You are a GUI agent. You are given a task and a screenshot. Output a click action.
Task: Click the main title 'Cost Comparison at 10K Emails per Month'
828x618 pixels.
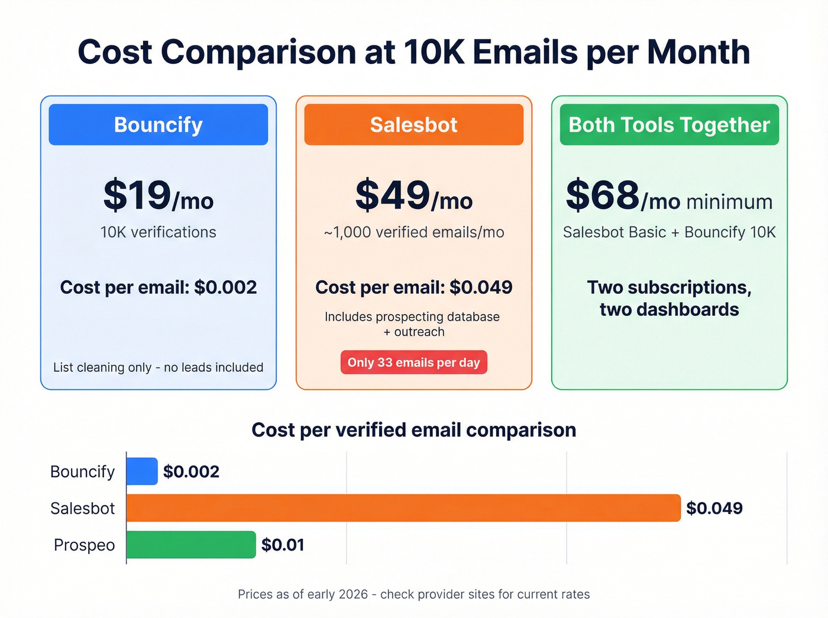click(x=413, y=52)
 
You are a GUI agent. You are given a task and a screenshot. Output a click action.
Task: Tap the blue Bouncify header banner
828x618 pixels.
click(x=158, y=125)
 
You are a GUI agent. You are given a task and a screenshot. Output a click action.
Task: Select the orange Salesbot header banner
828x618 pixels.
click(x=413, y=125)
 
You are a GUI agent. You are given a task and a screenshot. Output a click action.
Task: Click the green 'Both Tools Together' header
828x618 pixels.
click(x=669, y=125)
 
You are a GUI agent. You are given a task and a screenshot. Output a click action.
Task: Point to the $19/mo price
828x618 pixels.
click(x=158, y=196)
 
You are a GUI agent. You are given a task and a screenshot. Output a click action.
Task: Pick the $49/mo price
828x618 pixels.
click(x=413, y=196)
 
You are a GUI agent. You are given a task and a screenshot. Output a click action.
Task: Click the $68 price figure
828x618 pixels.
click(x=603, y=196)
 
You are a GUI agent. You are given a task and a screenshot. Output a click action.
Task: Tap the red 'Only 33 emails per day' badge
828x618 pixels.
click(x=413, y=363)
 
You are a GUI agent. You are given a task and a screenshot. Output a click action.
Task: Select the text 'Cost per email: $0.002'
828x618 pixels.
click(x=158, y=287)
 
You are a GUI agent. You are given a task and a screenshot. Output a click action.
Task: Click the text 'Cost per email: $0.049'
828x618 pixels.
click(x=413, y=287)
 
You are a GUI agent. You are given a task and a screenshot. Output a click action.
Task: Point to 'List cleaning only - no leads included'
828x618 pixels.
click(x=158, y=367)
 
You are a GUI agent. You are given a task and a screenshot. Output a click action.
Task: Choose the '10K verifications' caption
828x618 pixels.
click(x=158, y=232)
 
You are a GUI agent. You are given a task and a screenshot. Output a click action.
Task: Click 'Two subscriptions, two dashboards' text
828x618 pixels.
click(x=669, y=298)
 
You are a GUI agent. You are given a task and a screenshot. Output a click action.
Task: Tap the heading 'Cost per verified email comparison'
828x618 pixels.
click(x=413, y=430)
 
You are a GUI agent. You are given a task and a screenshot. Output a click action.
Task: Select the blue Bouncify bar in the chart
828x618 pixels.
click(x=142, y=471)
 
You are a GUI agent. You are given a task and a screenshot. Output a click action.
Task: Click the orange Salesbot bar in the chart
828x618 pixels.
click(x=403, y=508)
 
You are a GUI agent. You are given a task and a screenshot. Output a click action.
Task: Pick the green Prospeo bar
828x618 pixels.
click(x=191, y=545)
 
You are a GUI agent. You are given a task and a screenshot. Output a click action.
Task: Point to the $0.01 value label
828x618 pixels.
click(x=283, y=545)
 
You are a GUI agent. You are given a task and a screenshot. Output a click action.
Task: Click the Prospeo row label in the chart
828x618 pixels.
click(x=84, y=545)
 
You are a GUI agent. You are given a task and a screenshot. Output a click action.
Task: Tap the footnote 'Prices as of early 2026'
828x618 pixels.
click(x=413, y=594)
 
